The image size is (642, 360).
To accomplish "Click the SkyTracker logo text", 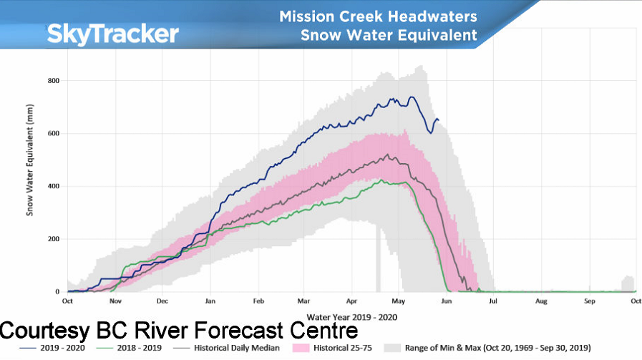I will [x=112, y=34].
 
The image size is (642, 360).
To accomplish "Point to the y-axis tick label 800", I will [x=53, y=80].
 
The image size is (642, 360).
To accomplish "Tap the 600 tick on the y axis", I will [x=53, y=133].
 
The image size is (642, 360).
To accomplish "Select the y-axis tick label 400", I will [x=53, y=186].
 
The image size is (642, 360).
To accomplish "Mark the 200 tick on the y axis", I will [x=53, y=239].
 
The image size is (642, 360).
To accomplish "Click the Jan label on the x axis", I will [x=209, y=302].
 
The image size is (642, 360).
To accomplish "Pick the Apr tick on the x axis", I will [x=351, y=302].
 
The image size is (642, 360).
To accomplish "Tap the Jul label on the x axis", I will [x=493, y=302].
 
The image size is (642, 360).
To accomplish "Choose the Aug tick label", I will [x=541, y=302].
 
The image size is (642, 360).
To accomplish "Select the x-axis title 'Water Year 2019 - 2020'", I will [x=351, y=316].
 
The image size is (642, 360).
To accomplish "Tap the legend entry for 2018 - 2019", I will [x=136, y=348].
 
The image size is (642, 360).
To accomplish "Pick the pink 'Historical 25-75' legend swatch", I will [x=302, y=348].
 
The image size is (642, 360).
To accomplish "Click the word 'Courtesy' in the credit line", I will [x=44, y=331].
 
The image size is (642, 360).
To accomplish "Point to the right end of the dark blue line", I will [x=439, y=120].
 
